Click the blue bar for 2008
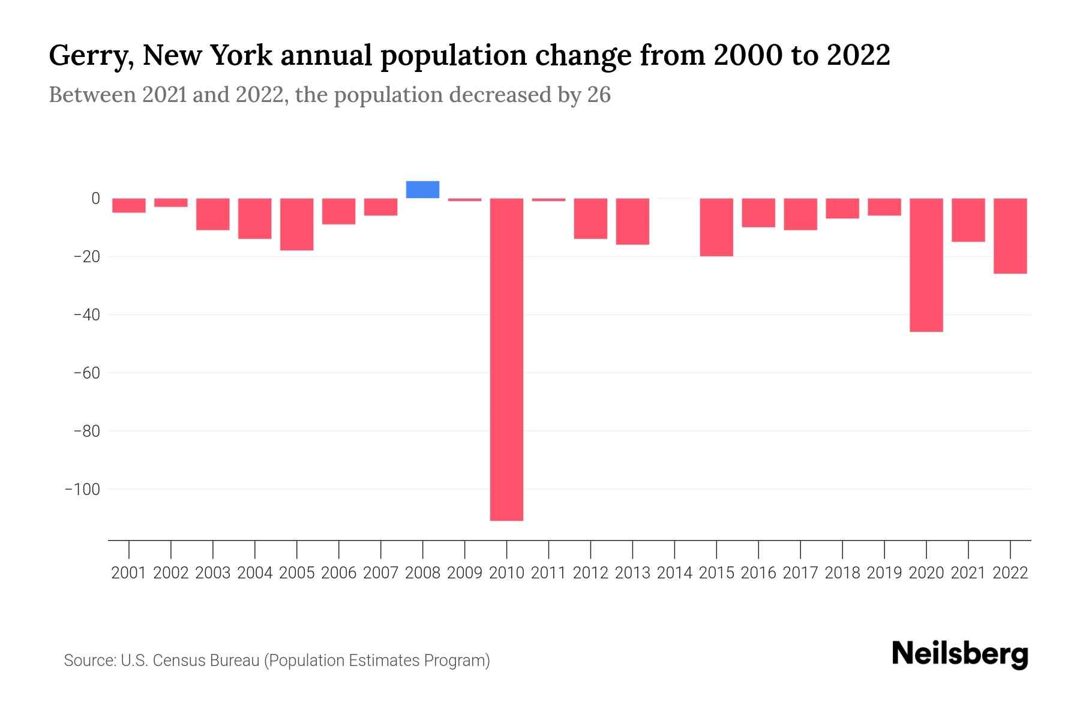[422, 190]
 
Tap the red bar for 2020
[926, 265]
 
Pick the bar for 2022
[1010, 236]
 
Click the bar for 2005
[296, 224]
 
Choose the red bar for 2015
[716, 227]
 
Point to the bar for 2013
[632, 221]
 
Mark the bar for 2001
[129, 205]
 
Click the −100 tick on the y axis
[83, 490]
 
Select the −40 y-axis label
[86, 315]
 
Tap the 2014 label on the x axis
[674, 573]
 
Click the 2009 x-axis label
[464, 573]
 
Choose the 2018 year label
[842, 573]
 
